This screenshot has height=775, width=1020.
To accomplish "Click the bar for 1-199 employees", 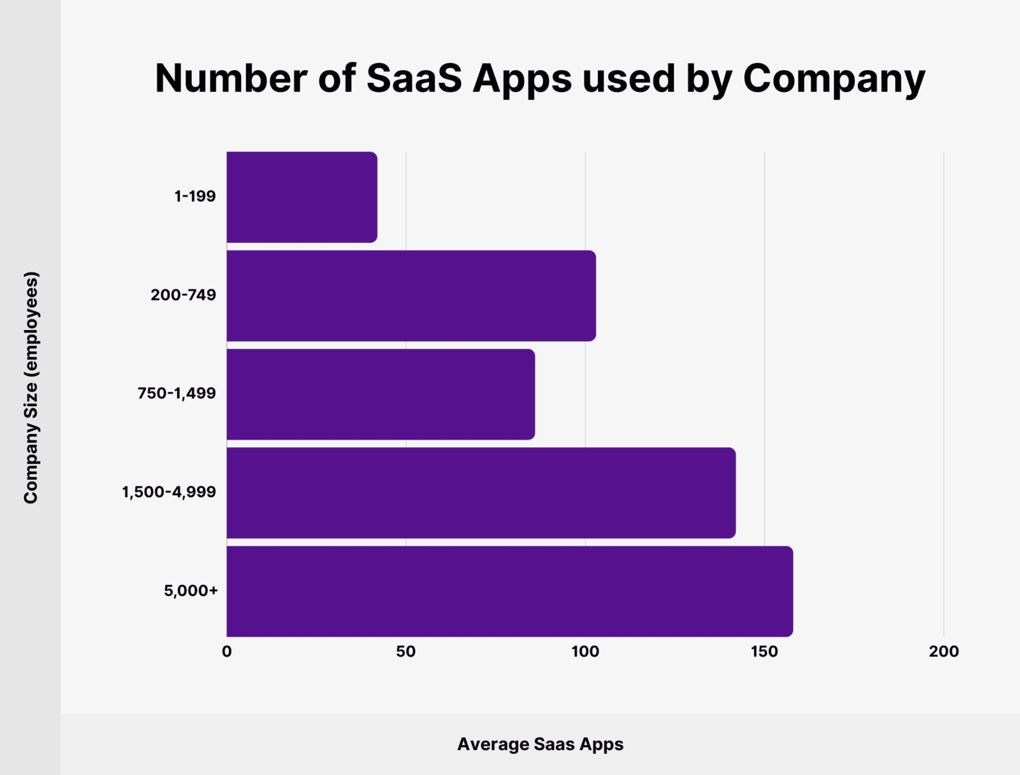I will pos(302,197).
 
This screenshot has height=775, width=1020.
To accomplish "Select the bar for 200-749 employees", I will pos(411,296).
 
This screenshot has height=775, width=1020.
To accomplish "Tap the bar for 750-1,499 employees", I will pos(381,394).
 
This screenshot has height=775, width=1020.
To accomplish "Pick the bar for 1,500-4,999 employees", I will pos(481,493).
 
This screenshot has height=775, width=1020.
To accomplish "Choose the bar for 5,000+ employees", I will pos(509,591).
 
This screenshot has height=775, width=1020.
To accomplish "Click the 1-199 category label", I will pos(195,196).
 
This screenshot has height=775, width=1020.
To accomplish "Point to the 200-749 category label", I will pos(184,295).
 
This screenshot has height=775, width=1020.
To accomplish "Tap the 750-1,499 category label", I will pos(177,393).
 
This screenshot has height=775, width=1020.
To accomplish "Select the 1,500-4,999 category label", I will pos(169,492).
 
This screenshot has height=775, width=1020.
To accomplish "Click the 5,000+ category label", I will pos(191,591).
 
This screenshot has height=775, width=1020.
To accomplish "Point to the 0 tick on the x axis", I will pos(227,651).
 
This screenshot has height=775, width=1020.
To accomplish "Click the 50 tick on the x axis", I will pos(405,651).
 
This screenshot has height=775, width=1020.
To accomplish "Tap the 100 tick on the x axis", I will pos(585,651).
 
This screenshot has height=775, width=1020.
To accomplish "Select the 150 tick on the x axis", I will pos(764,651).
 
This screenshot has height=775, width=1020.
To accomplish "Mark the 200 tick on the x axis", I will pos(943,651).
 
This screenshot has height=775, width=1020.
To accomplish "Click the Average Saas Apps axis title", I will pos(540,744).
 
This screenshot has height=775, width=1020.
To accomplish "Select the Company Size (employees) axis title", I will pos(31,387).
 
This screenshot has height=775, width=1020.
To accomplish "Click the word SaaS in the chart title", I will pos(414,78).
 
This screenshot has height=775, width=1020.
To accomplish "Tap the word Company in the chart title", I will pos(834,80).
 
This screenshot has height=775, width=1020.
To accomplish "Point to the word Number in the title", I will pos(231,78).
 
